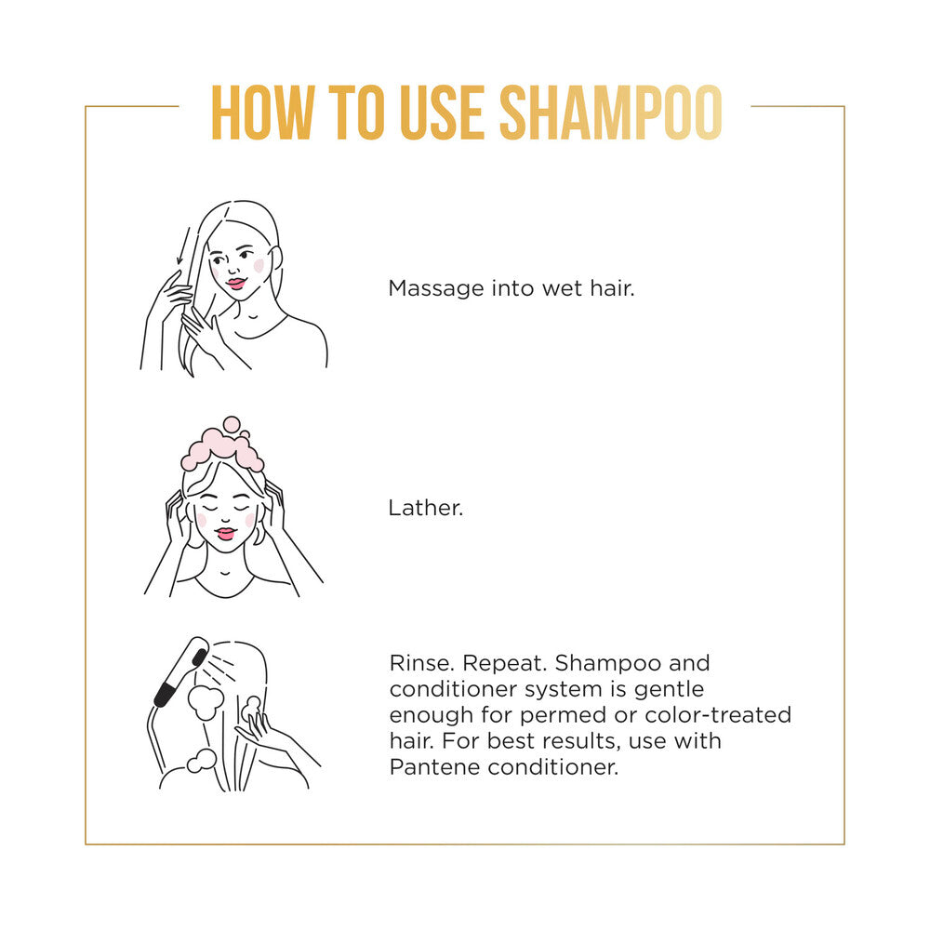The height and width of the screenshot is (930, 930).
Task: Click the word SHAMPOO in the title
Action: coord(611,113)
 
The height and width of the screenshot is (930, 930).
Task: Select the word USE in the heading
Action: coord(443,113)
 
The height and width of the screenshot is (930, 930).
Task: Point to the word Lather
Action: coord(425,509)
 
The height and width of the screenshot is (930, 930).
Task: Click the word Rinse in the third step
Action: coord(422,663)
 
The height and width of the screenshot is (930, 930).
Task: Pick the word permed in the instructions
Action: coord(564,716)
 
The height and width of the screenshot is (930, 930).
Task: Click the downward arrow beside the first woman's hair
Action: coord(184,246)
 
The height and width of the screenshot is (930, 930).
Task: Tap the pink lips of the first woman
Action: coord(235,284)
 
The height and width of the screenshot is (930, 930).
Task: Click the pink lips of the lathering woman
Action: coord(225,533)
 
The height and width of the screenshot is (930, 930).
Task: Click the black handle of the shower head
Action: coord(165,694)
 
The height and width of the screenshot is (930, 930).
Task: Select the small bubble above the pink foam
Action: coord(232,425)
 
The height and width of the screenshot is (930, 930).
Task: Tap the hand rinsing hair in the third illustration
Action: coord(261,729)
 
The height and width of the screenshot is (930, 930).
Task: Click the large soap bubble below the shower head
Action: coord(206,702)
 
